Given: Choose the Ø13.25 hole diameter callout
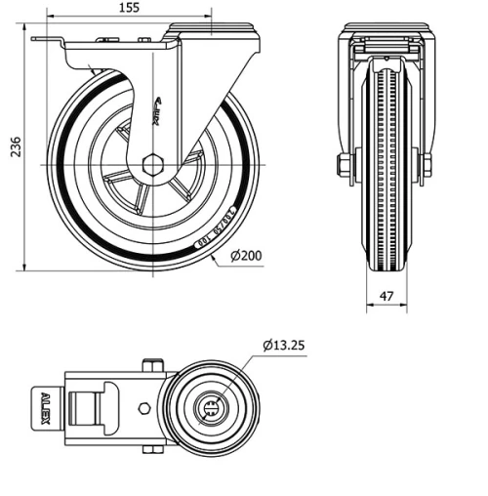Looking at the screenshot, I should [x=285, y=344].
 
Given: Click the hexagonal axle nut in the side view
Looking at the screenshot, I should [x=152, y=164].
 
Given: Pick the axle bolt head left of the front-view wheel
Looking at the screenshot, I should [x=343, y=165].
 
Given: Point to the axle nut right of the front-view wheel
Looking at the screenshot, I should [x=426, y=165].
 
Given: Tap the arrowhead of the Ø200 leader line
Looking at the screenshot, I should [x=216, y=261].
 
